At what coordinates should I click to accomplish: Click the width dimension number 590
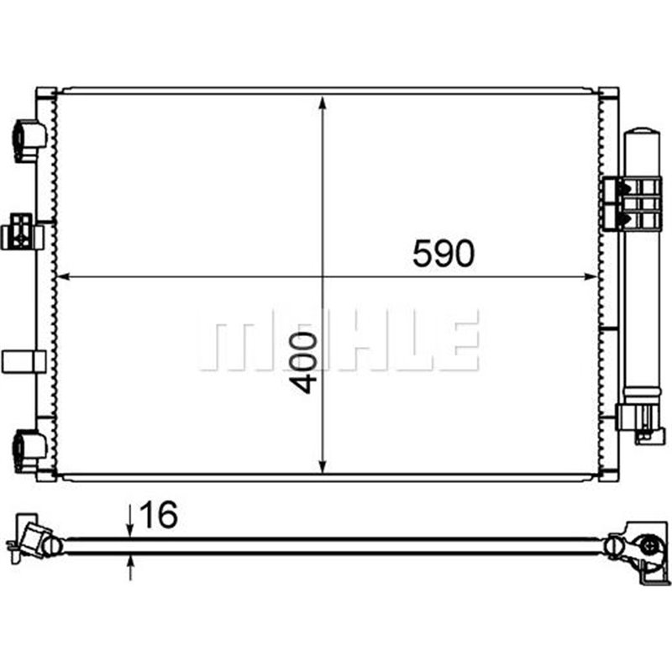pyautogui.click(x=443, y=253)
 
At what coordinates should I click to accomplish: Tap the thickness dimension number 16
pyautogui.click(x=159, y=516)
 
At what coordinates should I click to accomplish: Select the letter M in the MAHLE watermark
pyautogui.click(x=231, y=344)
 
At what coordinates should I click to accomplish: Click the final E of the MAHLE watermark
pyautogui.click(x=458, y=344)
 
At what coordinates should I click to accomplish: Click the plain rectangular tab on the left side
pyautogui.click(x=24, y=361)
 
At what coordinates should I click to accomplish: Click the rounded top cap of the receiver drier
pyautogui.click(x=643, y=134)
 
